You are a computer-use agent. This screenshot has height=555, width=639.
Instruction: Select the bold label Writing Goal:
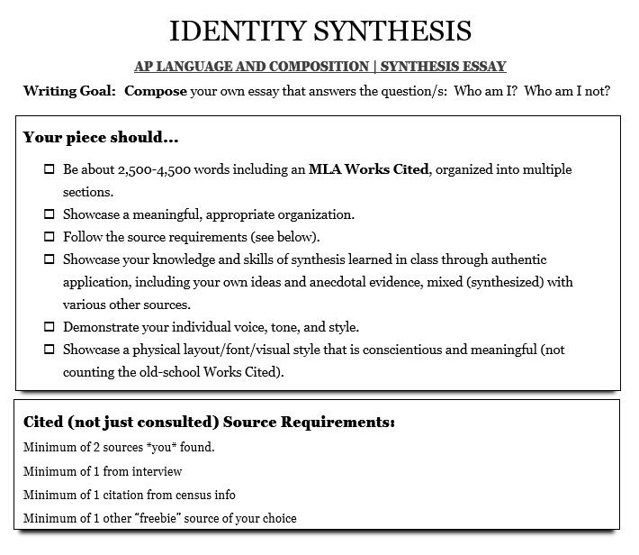tap(69, 91)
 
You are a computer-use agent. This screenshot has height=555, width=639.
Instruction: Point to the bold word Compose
tap(155, 91)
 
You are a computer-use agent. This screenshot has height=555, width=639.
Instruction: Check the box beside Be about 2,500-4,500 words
tap(49, 169)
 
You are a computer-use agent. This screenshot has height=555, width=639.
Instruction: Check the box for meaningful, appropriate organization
tap(49, 214)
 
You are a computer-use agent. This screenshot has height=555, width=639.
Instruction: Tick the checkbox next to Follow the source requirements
tap(49, 237)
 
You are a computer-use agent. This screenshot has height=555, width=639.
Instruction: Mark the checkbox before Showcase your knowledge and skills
tap(49, 259)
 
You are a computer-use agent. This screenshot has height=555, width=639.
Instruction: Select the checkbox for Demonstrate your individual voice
tap(49, 327)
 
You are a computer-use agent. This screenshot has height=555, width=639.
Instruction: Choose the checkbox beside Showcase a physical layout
tap(49, 350)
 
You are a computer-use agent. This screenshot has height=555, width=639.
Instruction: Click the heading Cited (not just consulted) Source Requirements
tap(208, 423)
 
